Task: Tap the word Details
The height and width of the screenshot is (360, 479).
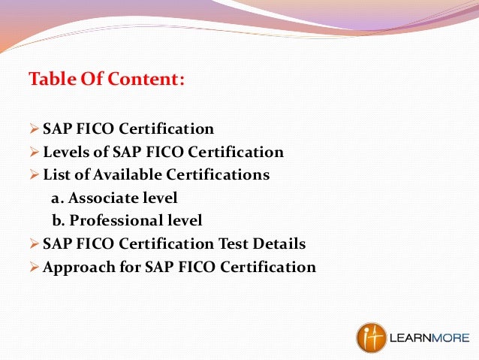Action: pos(279,244)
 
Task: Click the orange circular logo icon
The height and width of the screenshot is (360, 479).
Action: pos(372,337)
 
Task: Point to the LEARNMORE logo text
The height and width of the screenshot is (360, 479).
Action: pos(429,337)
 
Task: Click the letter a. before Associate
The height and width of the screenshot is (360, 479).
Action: pos(56,198)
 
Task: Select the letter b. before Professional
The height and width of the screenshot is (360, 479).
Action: pos(58,221)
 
